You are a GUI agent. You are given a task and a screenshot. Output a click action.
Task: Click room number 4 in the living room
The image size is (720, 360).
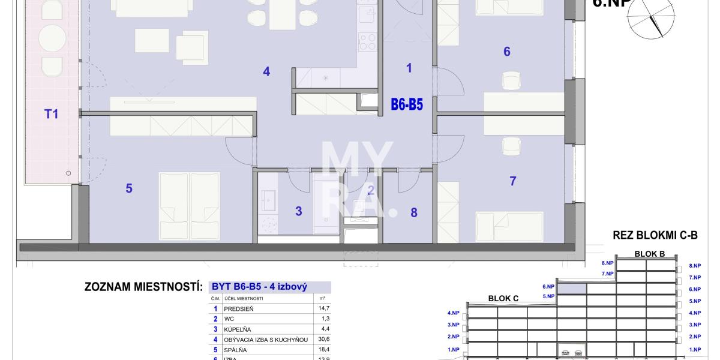(x=266, y=71)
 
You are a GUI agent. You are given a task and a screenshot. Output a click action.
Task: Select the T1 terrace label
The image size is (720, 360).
(x=52, y=113)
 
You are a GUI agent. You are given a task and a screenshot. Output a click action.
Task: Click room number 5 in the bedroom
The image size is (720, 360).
(x=129, y=188)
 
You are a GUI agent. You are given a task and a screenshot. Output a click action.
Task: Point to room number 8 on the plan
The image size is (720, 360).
(x=413, y=212)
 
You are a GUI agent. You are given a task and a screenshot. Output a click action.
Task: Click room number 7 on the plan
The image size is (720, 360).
(x=512, y=181)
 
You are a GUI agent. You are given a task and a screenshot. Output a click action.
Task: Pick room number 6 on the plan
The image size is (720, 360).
(x=507, y=52)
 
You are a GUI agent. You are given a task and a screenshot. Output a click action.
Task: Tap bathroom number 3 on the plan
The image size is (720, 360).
(x=298, y=211)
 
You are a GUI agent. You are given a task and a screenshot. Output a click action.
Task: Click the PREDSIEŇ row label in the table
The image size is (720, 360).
(x=239, y=309)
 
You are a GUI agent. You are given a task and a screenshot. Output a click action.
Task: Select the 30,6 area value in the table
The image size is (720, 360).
(x=323, y=340)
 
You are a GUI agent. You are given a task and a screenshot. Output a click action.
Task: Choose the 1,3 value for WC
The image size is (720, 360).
(x=325, y=319)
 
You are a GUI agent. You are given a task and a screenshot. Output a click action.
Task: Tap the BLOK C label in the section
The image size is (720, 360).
(x=503, y=298)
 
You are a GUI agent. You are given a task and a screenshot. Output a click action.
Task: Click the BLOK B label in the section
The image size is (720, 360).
(x=649, y=254)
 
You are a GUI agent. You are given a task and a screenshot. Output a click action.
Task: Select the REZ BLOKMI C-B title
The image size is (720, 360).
(x=655, y=236)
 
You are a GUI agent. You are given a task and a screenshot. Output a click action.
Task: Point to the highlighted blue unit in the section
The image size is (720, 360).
(x=571, y=289)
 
